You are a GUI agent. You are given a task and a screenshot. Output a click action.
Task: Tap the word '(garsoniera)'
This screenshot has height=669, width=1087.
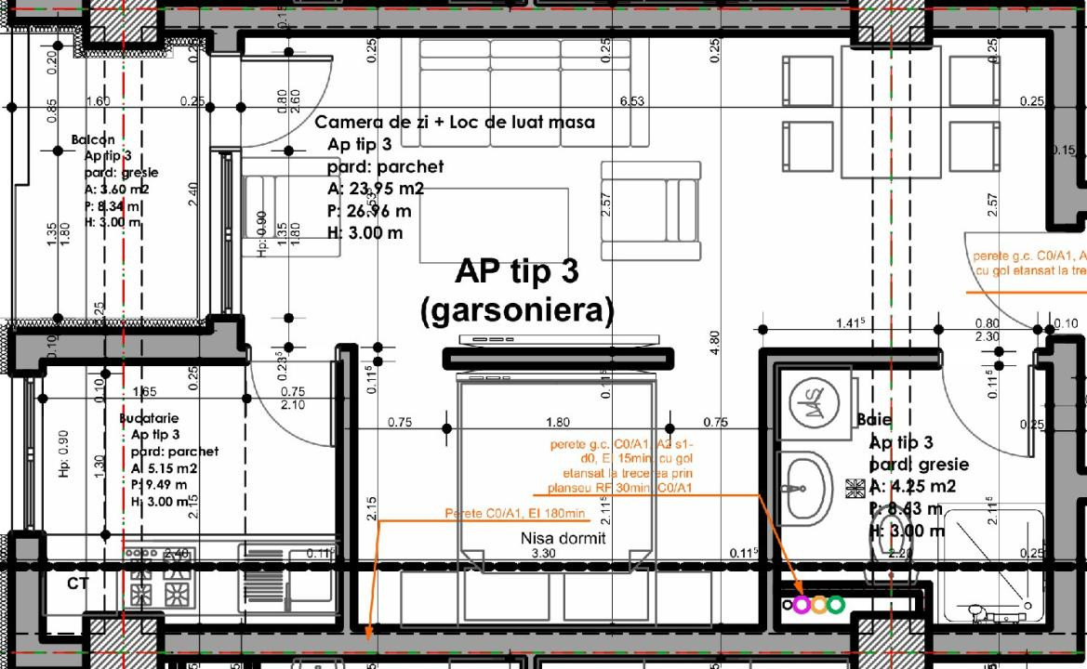click(517, 310)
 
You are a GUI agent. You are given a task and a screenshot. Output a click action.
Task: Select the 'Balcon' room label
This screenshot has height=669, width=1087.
click(93, 139)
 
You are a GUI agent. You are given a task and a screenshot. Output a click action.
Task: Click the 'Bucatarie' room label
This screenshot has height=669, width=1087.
click(149, 418)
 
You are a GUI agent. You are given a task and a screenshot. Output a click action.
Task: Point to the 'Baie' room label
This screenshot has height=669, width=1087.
click(874, 420)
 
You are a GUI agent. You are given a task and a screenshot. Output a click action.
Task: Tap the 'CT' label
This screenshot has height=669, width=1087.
click(78, 584)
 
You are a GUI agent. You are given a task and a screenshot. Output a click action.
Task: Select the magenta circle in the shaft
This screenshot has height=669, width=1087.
click(802, 605)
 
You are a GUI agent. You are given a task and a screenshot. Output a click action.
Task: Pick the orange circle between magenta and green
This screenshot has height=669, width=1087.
click(818, 605)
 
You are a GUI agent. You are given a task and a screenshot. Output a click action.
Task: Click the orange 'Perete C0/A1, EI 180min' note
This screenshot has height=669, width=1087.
click(514, 514)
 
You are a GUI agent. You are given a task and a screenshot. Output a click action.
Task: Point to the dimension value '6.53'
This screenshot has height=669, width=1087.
click(631, 100)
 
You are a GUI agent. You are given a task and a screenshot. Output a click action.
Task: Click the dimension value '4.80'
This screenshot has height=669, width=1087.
click(714, 342)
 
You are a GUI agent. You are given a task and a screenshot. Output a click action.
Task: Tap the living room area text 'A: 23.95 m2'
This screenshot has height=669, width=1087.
click(376, 189)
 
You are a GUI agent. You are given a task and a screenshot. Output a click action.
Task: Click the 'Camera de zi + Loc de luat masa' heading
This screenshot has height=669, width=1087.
click(455, 122)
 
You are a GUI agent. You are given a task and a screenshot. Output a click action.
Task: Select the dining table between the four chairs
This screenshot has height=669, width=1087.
click(891, 111)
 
